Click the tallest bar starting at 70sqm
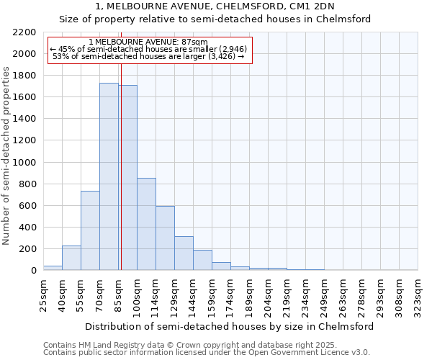click(x=109, y=176)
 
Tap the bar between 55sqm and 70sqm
click(x=90, y=230)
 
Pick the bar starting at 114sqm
click(x=165, y=238)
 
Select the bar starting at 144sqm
click(x=202, y=260)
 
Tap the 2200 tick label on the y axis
click(x=24, y=32)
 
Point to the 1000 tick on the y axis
click(x=24, y=163)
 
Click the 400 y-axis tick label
click(x=27, y=228)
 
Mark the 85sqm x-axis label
click(x=118, y=294)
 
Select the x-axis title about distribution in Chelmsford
click(x=230, y=326)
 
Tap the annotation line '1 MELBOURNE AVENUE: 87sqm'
click(x=150, y=42)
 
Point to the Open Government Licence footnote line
click(x=207, y=352)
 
